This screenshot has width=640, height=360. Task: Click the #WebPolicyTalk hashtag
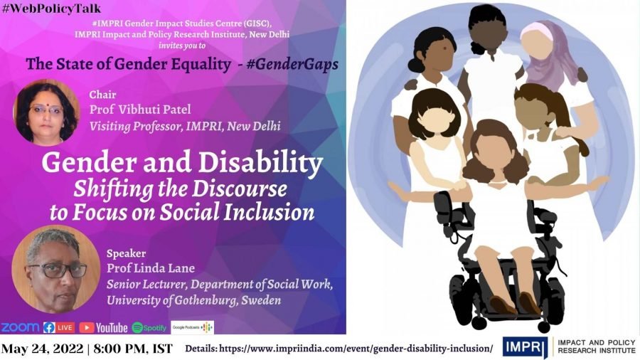[50, 9]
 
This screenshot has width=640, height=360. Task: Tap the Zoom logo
[20, 327]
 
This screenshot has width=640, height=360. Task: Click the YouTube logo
[104, 327]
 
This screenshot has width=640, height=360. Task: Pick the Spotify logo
[150, 327]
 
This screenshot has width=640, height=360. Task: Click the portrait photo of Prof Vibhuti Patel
[47, 111]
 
